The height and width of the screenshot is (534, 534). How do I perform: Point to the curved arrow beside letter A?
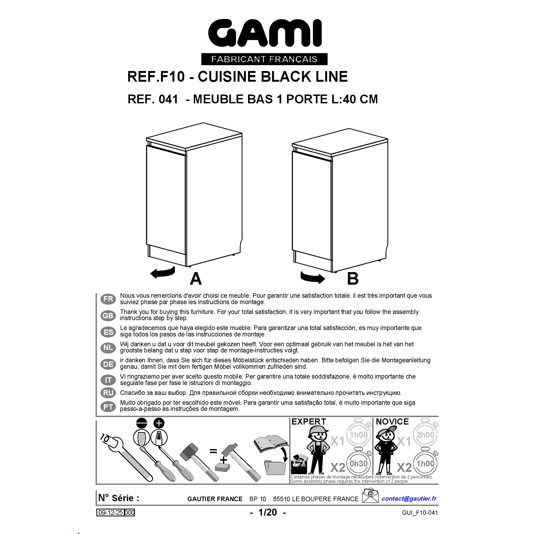pos(163,272)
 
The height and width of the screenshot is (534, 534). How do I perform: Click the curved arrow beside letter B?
pos(313,277)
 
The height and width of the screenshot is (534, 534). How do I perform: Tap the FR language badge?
pos(108,299)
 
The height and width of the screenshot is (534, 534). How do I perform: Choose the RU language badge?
pos(108,393)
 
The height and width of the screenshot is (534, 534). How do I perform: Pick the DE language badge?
pos(108,364)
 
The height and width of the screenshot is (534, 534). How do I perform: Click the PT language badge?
pos(108,407)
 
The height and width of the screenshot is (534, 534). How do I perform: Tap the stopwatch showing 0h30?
pos(359,464)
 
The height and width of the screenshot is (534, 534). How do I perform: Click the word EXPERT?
pos(309,422)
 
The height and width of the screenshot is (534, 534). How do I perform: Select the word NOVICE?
pos(392,422)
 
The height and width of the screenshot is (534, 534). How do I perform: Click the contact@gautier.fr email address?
pos(409,498)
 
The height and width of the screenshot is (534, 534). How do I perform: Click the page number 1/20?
pos(268,512)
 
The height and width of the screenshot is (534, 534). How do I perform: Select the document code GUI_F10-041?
pos(420,513)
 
